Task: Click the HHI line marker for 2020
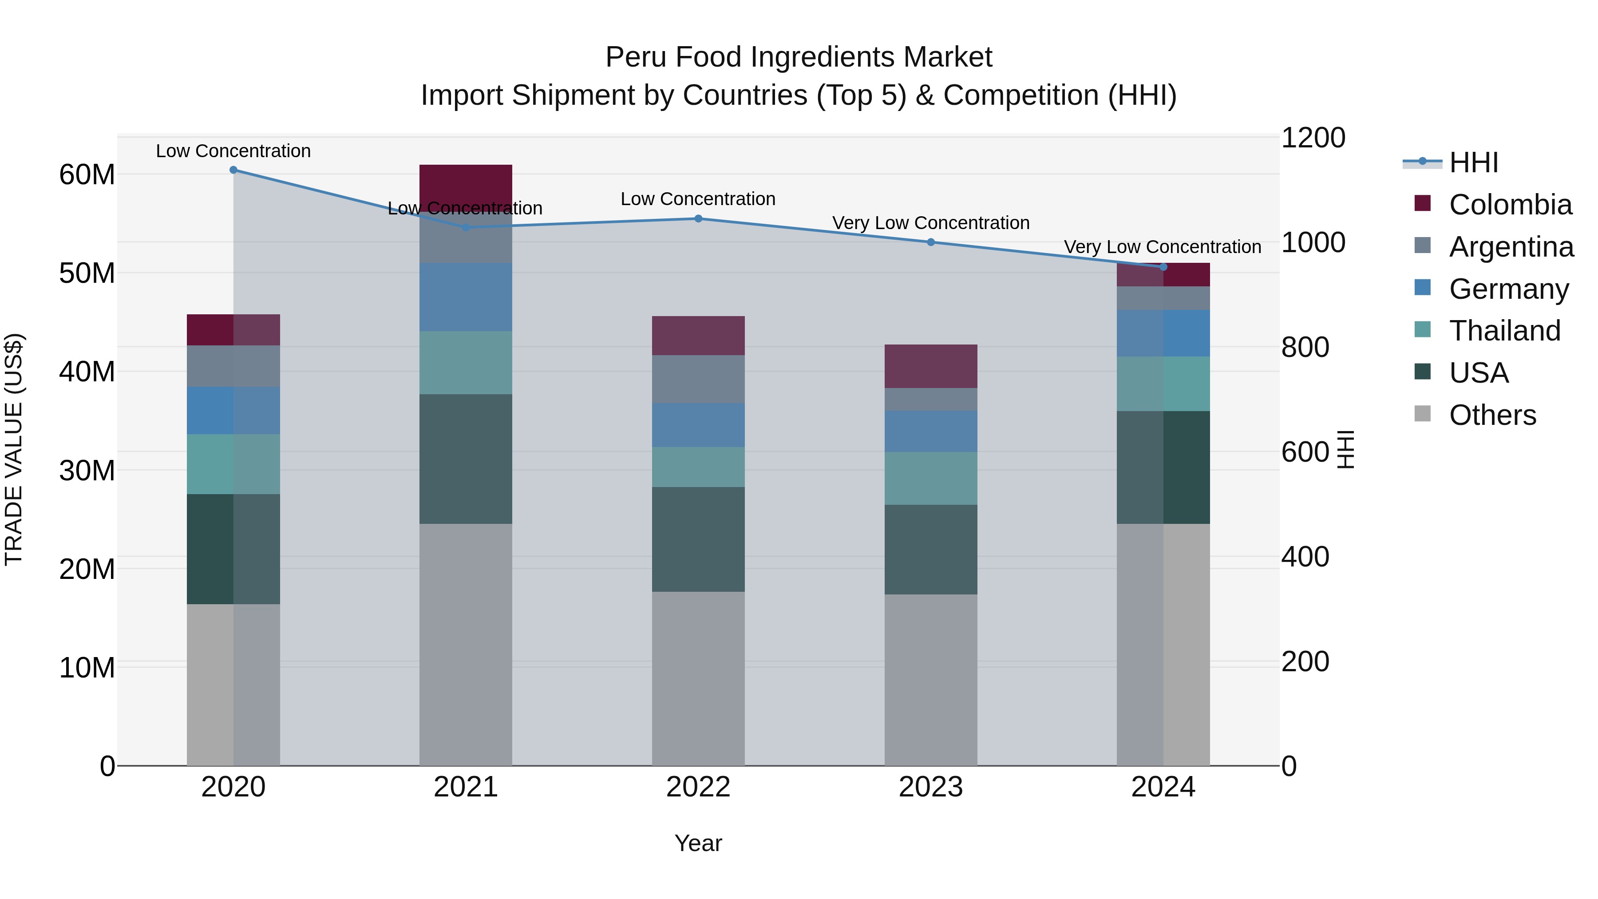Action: pos(233,170)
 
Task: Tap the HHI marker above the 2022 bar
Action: pos(698,218)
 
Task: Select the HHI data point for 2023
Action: pos(930,242)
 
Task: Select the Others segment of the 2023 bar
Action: pos(930,679)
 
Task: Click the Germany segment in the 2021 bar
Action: pos(465,297)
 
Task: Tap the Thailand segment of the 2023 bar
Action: pos(930,478)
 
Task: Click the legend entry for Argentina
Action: pos(1511,247)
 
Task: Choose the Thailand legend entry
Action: pos(1504,331)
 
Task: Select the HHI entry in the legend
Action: pos(1473,162)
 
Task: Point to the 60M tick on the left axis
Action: pos(87,175)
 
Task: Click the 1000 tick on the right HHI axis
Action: pos(1313,242)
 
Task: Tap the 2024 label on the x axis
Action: pos(1163,787)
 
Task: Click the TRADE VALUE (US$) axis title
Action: pos(14,449)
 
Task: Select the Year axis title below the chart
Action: pos(698,843)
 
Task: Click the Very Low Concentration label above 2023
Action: pos(930,223)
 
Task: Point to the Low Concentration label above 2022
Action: pos(698,199)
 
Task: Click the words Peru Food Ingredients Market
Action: pos(799,57)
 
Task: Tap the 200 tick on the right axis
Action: pos(1305,661)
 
